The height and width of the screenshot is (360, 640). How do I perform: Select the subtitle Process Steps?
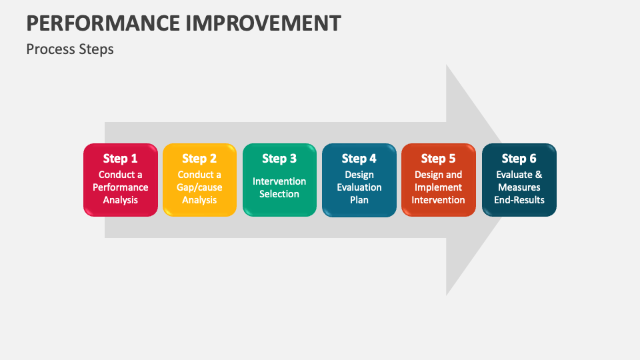[70, 49]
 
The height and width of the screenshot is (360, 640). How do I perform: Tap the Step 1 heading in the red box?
[120, 159]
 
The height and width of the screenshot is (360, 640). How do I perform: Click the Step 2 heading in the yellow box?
[199, 159]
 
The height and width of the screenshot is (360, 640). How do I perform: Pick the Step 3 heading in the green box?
[279, 159]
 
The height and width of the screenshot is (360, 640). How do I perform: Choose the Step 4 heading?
[359, 159]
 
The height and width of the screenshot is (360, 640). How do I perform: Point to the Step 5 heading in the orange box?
[438, 159]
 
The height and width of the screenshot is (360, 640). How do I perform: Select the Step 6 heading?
[519, 159]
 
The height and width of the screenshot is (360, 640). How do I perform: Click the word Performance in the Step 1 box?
[121, 187]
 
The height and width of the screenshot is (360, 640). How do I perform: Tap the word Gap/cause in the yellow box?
[199, 187]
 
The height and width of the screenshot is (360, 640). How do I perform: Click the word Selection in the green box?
[279, 194]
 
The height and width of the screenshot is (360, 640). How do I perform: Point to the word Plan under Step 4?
[359, 200]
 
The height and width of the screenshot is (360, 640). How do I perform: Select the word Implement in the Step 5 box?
[438, 187]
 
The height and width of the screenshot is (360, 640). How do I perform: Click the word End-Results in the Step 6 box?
[519, 200]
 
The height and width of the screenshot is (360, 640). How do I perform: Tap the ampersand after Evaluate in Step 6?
[539, 175]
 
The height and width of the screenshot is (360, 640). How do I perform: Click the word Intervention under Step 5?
[438, 200]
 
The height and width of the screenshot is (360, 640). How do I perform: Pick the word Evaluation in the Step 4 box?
[359, 187]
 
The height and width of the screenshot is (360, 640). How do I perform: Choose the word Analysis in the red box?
[121, 200]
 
